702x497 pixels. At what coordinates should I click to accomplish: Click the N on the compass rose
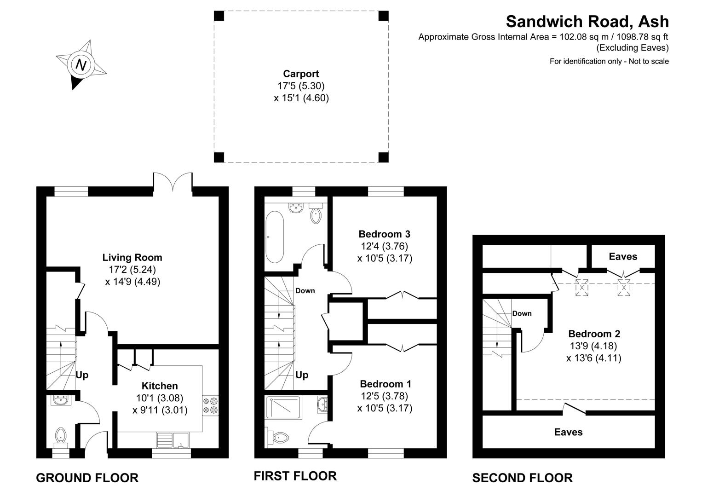point(81,64)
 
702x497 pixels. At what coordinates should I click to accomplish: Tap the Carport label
point(301,74)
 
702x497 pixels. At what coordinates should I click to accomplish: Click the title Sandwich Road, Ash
point(587,21)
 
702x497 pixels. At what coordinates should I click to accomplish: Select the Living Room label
point(132,257)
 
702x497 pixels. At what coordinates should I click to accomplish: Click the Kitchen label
point(159,386)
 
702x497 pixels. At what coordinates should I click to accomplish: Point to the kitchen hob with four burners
point(210,405)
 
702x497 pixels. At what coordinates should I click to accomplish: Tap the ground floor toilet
point(61,437)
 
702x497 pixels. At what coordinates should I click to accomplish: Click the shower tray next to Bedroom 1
point(283,407)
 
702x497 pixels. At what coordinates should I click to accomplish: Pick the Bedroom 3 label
point(384,234)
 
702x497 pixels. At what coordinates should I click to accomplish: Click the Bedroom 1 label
point(386,384)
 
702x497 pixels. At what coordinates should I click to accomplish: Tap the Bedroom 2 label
point(594,334)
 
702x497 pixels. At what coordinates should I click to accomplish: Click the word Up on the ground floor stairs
point(82,375)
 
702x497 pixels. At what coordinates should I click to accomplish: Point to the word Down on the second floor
point(522,313)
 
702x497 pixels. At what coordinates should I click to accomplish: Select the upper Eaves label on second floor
point(623,256)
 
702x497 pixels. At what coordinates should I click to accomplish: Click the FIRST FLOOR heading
point(295,475)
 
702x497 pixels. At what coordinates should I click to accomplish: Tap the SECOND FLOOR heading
point(522,478)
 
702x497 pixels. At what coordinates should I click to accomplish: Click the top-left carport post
point(219,16)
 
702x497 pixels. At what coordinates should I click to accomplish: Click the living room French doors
point(173,183)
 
